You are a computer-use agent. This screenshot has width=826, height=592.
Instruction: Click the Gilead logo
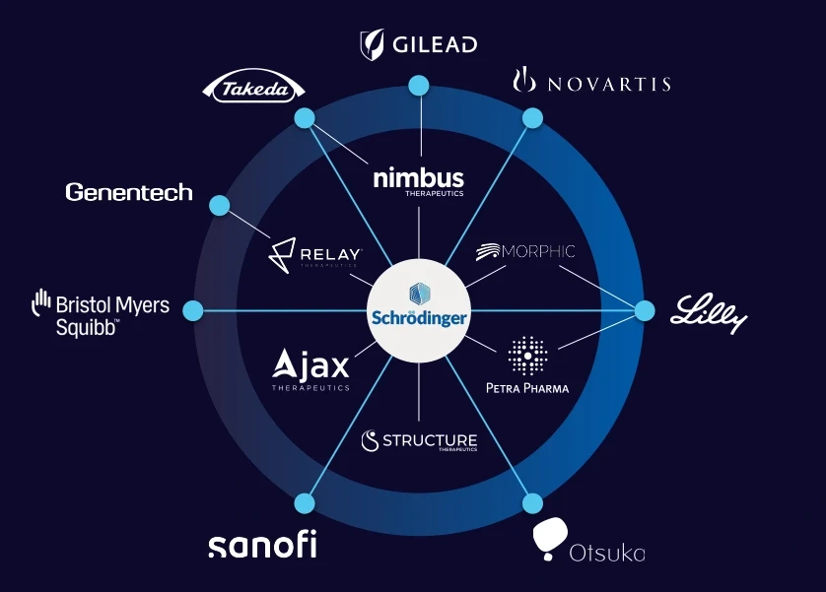point(418,44)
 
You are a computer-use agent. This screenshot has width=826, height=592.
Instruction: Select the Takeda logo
point(253,90)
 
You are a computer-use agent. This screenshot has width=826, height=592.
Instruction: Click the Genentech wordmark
point(129,192)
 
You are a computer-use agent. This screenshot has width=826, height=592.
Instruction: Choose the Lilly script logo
point(710,313)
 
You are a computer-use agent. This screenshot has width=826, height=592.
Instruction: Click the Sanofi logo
point(262,545)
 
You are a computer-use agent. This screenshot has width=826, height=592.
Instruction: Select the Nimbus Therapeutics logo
point(419,181)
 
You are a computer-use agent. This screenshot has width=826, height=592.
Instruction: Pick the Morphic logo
point(524,252)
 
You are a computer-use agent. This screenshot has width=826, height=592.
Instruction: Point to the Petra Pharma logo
point(527,365)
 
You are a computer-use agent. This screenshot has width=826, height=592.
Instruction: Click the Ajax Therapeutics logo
point(311,370)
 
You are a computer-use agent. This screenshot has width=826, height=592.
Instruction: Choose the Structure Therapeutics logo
point(419,441)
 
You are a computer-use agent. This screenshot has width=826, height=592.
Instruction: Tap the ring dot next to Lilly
point(645,310)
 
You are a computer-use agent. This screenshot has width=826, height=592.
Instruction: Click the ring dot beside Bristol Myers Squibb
point(193,310)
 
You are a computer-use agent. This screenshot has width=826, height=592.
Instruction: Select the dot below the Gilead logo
point(419,87)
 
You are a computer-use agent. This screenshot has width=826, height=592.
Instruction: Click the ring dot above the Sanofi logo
point(305,503)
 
